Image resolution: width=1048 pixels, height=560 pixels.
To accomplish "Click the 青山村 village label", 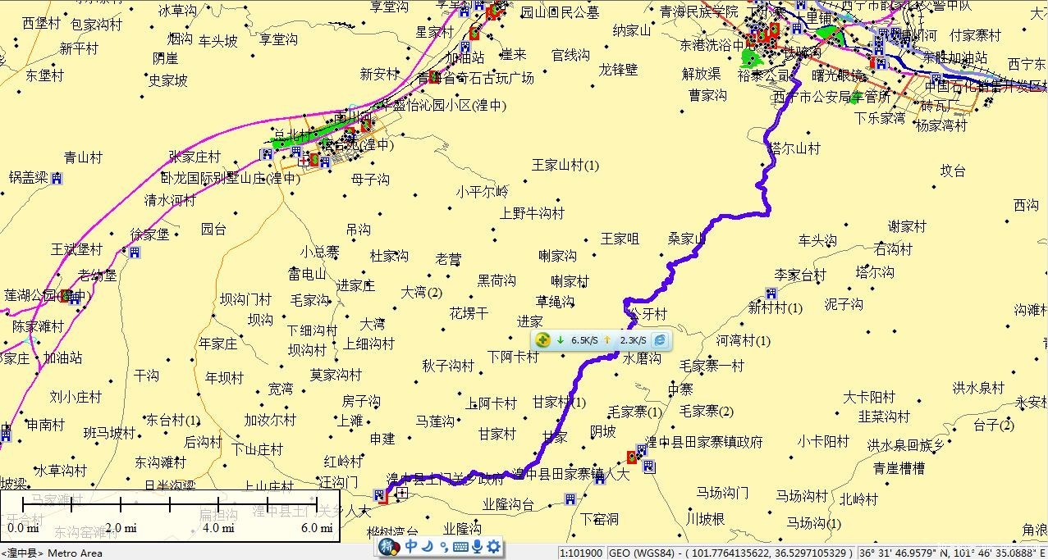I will (x=83, y=158).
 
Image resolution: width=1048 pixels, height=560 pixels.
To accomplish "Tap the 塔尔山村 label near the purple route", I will (x=795, y=148).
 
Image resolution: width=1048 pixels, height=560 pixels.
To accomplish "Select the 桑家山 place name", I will (x=687, y=239).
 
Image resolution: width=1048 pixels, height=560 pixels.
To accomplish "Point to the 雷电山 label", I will (x=307, y=274).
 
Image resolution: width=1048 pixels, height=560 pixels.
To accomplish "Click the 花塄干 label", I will (x=469, y=313).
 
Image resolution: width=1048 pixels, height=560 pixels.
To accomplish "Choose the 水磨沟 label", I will (x=642, y=358).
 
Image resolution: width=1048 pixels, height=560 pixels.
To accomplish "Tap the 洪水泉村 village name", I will (x=978, y=387).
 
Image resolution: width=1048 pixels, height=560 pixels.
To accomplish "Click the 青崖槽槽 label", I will (x=899, y=468).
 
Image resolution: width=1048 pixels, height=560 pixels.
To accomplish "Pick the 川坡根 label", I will (x=706, y=519).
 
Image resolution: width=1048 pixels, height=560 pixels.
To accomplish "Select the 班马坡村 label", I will (x=109, y=432).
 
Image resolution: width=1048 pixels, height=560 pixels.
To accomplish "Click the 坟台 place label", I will (x=953, y=171).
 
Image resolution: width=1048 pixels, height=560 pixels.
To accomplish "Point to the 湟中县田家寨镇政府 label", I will (x=704, y=442).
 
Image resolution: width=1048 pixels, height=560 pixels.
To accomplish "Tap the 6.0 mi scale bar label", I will (x=316, y=528).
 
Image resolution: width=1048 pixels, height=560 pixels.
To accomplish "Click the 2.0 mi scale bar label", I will (x=120, y=528).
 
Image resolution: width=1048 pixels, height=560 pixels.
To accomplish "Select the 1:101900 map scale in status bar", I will (x=581, y=553).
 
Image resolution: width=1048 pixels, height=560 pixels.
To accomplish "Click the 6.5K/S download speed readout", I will (x=584, y=340).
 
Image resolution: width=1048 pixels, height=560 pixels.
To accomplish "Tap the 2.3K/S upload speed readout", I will (x=633, y=340).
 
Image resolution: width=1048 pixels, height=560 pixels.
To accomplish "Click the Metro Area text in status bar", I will (x=76, y=553).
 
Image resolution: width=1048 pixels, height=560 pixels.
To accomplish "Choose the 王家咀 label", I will (x=620, y=239).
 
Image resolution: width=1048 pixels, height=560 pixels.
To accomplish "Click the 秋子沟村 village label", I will (x=448, y=366).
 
